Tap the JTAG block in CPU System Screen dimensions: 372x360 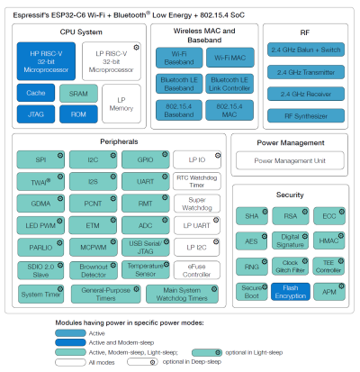pyautogui.click(x=35, y=114)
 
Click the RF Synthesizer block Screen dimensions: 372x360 pyautogui.click(x=305, y=114)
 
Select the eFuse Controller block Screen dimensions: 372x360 pyautogui.click(x=196, y=268)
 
